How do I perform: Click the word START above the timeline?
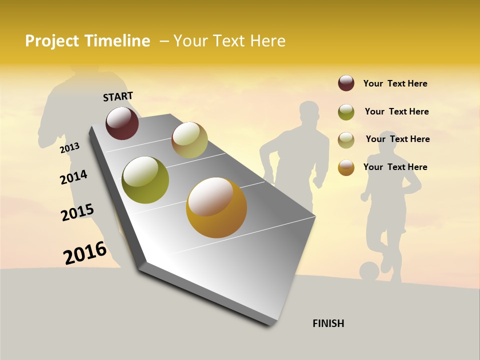pyautogui.click(x=118, y=96)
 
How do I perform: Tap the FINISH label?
pyautogui.click(x=328, y=323)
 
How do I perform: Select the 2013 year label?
pyautogui.click(x=69, y=147)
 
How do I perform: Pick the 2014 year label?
pyautogui.click(x=73, y=177)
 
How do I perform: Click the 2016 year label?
pyautogui.click(x=84, y=252)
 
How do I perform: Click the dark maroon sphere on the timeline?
pyautogui.click(x=122, y=123)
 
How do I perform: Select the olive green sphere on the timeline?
pyautogui.click(x=145, y=180)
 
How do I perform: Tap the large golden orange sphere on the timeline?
pyautogui.click(x=216, y=207)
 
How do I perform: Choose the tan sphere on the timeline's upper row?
pyautogui.click(x=189, y=140)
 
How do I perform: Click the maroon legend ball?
pyautogui.click(x=346, y=83)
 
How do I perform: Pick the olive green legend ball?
pyautogui.click(x=346, y=112)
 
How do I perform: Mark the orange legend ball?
pyautogui.click(x=346, y=167)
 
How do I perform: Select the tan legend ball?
pyautogui.click(x=346, y=140)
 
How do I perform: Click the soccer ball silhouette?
pyautogui.click(x=369, y=271)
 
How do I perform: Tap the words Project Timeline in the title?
pyautogui.click(x=87, y=41)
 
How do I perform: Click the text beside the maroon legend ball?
pyautogui.click(x=395, y=83)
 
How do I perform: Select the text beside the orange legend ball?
pyautogui.click(x=395, y=167)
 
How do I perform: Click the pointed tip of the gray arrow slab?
pyautogui.click(x=272, y=324)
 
